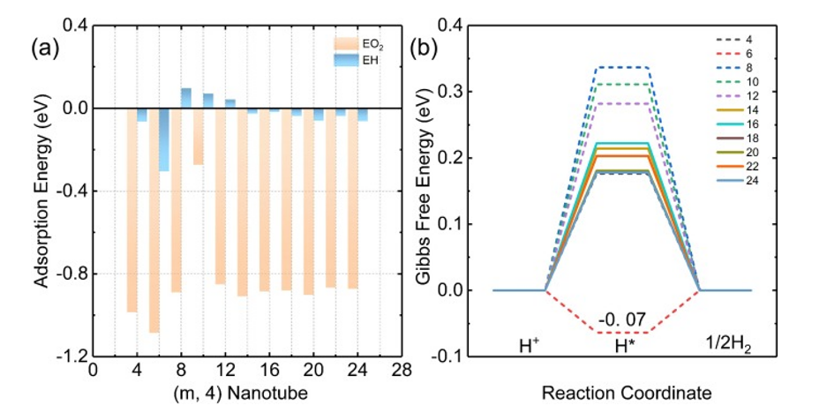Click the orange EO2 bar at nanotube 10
pos(198,137)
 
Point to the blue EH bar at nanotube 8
pos(186,98)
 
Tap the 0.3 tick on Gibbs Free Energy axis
pos(452,92)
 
